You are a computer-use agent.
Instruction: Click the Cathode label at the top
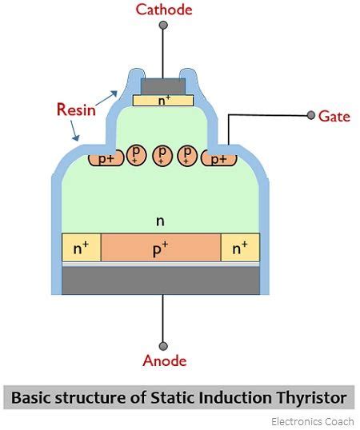164,10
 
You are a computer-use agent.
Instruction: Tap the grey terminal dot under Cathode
163,26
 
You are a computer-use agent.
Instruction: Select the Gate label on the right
334,117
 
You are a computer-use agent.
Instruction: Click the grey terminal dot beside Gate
310,115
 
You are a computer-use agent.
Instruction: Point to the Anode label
164,360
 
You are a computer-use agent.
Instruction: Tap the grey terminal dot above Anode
163,346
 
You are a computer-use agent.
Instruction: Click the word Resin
76,109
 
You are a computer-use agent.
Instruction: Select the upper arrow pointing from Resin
106,98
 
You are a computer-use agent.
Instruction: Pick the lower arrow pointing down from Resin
74,131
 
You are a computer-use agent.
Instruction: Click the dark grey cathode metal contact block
163,86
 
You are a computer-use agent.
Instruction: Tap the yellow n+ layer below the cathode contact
163,101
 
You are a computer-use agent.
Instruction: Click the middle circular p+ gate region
162,156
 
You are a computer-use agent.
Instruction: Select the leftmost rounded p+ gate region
106,159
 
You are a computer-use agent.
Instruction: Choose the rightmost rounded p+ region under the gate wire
218,159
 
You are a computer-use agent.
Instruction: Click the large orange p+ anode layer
161,248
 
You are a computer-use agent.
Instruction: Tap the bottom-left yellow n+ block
82,248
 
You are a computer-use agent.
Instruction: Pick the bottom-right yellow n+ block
240,248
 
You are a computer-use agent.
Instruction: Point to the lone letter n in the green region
160,221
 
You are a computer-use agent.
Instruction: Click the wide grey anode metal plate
161,281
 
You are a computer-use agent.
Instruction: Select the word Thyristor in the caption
311,397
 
